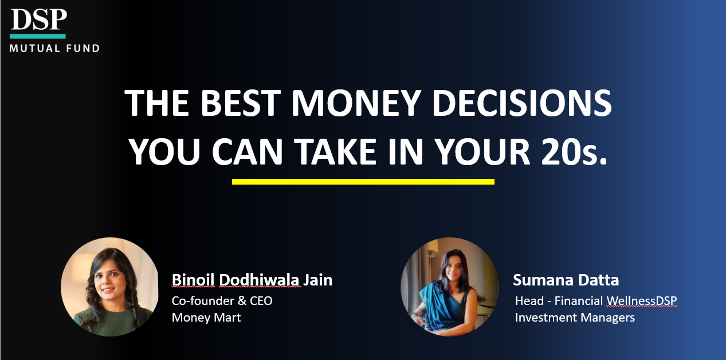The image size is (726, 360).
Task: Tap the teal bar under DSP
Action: (38, 36)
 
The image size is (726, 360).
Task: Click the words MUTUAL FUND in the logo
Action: (54, 49)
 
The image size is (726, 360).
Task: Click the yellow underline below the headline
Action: (363, 182)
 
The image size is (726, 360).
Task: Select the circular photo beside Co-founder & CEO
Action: (109, 287)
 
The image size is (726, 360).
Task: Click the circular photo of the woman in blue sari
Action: (449, 287)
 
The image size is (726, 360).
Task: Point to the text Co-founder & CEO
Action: (222, 300)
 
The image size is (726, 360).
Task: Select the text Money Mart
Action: (206, 318)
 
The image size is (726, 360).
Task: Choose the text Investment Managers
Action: (575, 318)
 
